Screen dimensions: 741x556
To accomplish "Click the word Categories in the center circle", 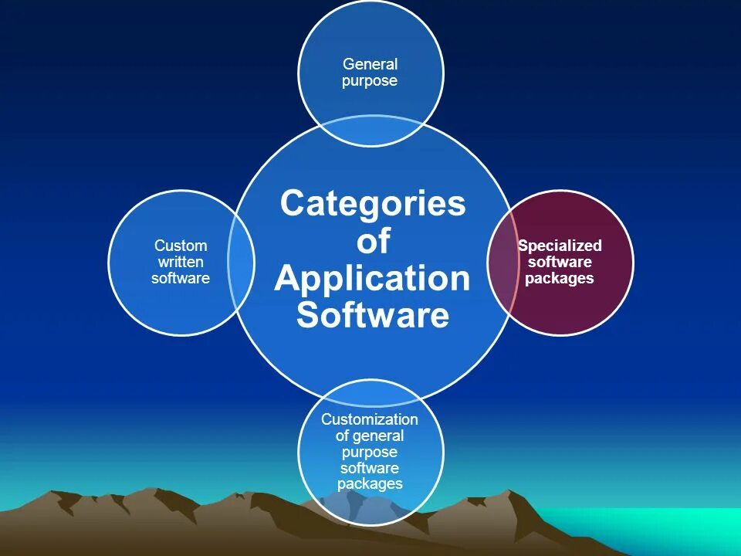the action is [373, 204].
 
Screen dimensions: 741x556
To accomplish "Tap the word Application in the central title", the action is [372, 278].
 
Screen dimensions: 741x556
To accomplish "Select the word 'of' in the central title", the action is [373, 242].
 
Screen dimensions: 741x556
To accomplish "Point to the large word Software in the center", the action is [373, 315].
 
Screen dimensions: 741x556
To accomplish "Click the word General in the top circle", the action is [370, 64].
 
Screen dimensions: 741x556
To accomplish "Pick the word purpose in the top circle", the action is [370, 81].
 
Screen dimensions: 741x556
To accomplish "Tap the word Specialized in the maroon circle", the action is [560, 246].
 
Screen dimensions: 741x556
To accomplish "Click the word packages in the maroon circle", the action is [560, 279].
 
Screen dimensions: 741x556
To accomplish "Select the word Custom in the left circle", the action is [181, 246].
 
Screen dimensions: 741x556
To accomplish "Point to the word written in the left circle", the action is [181, 263].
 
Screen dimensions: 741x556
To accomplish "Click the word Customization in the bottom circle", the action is [370, 419].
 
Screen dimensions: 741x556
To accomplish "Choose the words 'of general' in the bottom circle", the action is [370, 436].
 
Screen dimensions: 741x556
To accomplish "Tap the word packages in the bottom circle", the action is [370, 484].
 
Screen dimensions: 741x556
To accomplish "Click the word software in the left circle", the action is [181, 279].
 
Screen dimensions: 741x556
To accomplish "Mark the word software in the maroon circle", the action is [560, 263].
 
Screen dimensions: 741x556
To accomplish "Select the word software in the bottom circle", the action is [370, 468].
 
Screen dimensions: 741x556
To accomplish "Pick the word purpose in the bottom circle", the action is [370, 452].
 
